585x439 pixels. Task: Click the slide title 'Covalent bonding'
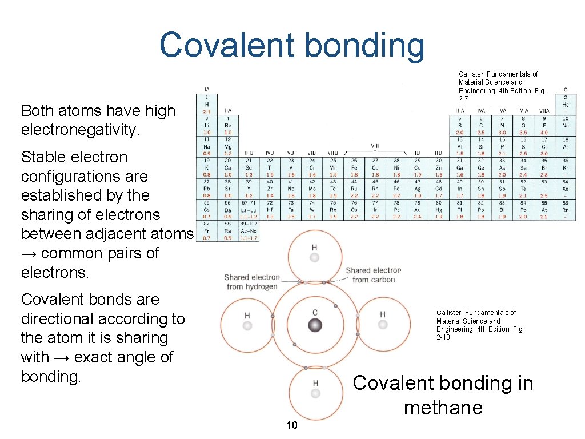pos(292,46)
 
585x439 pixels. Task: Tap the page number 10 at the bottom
pos(292,425)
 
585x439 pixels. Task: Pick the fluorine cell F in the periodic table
pos(545,126)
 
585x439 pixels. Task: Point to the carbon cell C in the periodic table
pos(481,126)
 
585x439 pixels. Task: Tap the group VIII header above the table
pos(375,146)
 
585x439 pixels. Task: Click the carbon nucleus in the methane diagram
pos(315,325)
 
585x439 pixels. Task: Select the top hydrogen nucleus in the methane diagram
pos(314,258)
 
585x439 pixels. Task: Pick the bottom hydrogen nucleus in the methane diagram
pos(315,393)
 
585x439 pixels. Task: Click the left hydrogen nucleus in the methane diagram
pos(247,325)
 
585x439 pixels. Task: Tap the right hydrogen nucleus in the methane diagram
pos(382,325)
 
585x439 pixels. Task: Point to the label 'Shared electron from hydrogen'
pos(252,282)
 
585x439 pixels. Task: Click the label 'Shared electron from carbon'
pos(374,275)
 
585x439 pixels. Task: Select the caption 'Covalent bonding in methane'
pos(443,395)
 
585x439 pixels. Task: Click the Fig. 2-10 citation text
pos(476,325)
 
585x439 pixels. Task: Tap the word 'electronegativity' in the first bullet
pos(80,130)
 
